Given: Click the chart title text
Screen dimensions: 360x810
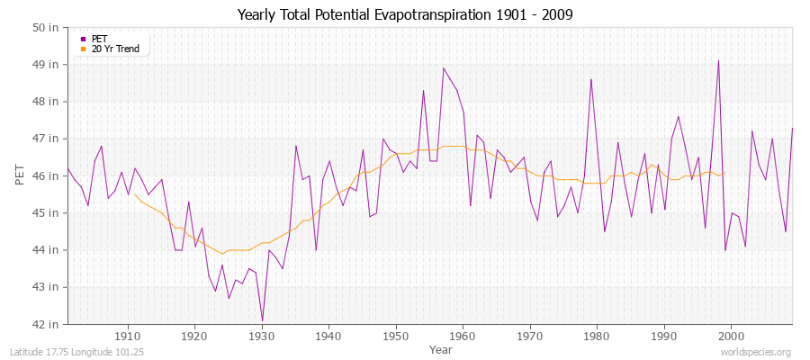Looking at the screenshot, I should (405, 14).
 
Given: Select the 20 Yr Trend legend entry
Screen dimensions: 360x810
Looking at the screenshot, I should (114, 49).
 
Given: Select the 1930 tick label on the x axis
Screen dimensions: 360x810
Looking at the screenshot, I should (262, 337).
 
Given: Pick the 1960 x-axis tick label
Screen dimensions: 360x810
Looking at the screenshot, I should (463, 337).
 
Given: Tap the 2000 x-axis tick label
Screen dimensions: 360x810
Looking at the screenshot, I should (731, 337).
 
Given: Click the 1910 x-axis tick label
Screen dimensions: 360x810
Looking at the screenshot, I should (128, 337).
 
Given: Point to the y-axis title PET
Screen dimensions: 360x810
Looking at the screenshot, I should (21, 175).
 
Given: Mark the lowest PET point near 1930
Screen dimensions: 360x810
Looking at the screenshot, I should (262, 319).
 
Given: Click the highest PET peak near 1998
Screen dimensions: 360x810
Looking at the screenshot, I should (718, 61).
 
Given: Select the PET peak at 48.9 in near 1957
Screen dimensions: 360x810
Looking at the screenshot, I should (443, 68).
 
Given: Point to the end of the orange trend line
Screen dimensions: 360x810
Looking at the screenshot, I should (724, 173).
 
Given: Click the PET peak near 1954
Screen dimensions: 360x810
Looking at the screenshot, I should (423, 90).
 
